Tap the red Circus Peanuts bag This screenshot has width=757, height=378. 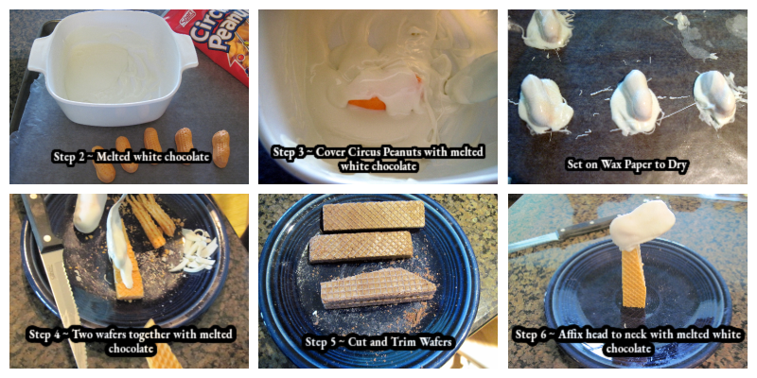coord(214,37)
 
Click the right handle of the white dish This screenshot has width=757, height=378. coord(187,53)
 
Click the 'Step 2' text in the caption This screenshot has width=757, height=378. coord(71,157)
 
